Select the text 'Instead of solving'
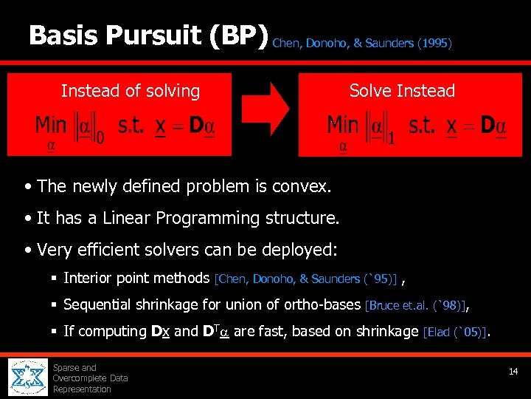131,91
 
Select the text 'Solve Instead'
402,91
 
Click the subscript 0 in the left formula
100,137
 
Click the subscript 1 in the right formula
392,137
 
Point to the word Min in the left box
51,125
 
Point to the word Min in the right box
342,125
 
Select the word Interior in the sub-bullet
91,278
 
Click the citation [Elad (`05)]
454,332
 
